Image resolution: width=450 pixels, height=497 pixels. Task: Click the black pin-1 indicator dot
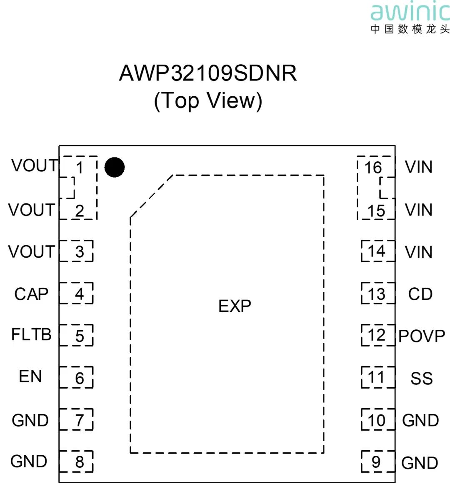tap(114, 167)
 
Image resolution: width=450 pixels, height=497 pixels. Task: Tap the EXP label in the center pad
tap(235, 306)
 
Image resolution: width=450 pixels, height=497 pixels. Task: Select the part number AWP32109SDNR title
tap(208, 73)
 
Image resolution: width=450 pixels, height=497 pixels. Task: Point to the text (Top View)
tap(208, 100)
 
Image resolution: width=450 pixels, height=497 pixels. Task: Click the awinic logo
tap(410, 18)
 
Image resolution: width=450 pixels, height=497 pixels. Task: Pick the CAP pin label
tap(31, 294)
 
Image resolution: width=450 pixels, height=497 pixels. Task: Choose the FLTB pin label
tap(31, 334)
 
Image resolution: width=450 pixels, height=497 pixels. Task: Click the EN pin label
tap(30, 376)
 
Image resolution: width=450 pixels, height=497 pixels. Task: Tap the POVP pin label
tap(422, 336)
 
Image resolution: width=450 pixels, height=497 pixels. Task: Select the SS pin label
tap(422, 378)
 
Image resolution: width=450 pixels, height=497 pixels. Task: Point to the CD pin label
tap(420, 294)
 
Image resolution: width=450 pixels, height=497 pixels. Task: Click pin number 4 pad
tap(76, 293)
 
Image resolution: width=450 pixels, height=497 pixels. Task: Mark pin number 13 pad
tap(378, 293)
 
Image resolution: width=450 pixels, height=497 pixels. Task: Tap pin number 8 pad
tap(76, 462)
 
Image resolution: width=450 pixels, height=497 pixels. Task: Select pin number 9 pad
tap(378, 462)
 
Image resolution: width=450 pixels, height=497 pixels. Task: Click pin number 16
tap(373, 167)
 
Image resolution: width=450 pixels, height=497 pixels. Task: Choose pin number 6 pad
tap(76, 377)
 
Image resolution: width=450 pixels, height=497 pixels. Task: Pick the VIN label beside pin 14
tap(419, 252)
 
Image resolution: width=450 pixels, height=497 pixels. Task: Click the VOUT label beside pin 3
tap(32, 252)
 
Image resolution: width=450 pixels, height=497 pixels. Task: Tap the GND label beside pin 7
tap(30, 420)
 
